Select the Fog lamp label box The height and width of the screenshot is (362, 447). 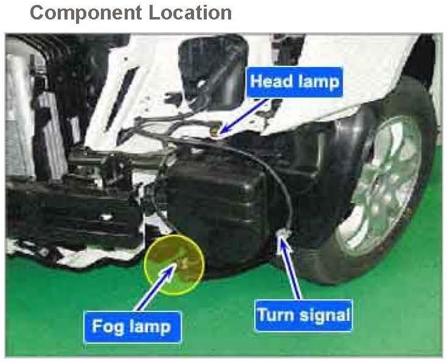point(131,326)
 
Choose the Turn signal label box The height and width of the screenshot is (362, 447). point(303,316)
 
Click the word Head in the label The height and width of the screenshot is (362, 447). point(271,82)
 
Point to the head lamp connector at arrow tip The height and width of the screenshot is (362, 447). point(214,130)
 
